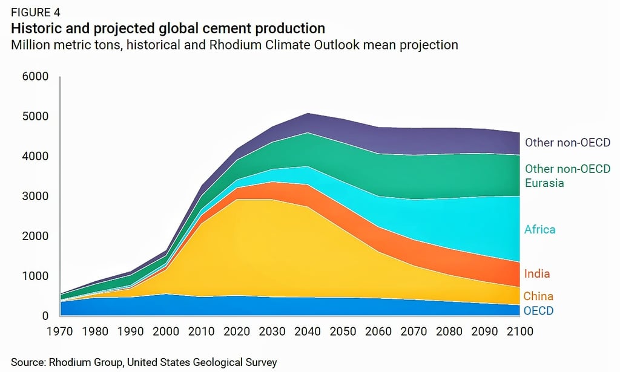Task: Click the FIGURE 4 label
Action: coord(35,11)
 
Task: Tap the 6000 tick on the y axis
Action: coord(36,77)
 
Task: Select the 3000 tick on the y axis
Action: coord(36,197)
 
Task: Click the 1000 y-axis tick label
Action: coord(36,276)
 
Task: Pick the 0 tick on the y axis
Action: coord(44,316)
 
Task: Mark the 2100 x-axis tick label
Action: coord(519,332)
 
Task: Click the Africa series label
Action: coord(540,230)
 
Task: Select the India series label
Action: coord(538,274)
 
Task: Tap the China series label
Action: coord(539,296)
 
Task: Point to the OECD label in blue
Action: coord(539,311)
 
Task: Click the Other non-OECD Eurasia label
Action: coord(567,175)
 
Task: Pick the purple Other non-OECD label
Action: coord(567,143)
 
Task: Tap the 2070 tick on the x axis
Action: coord(414,332)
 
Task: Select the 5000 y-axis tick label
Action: coord(36,117)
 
